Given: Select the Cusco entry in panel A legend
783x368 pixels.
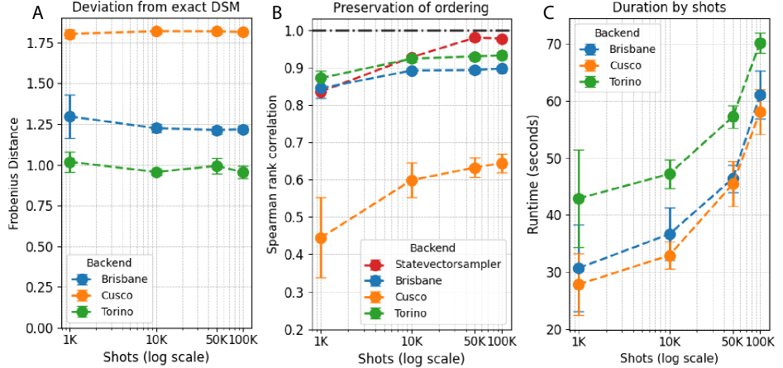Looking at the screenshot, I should click(116, 295).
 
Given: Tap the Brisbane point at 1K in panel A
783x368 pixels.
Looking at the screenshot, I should click(70, 117).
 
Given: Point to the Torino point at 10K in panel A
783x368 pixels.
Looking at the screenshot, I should click(155, 172).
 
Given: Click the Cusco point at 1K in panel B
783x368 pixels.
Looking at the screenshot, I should click(321, 238).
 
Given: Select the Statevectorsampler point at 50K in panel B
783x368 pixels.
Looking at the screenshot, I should click(475, 37).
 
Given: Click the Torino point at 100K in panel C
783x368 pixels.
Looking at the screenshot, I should click(760, 43).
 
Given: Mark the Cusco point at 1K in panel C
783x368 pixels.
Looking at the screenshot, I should click(579, 284).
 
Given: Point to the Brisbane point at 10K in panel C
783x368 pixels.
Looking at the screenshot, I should click(670, 234).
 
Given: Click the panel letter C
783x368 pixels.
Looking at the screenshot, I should click(547, 14).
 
